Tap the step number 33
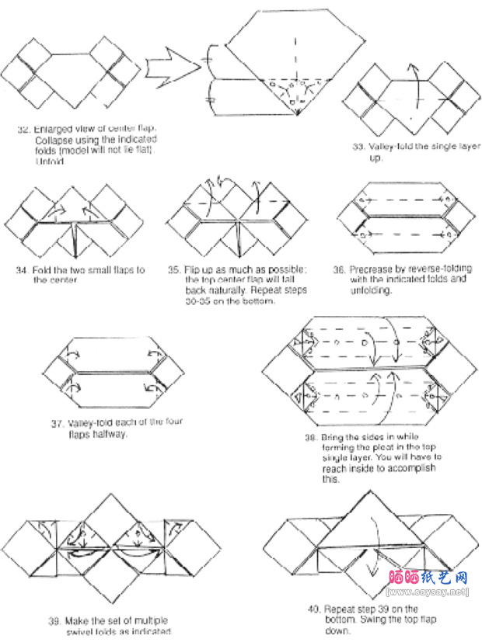pos(359,146)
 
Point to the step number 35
pos(173,270)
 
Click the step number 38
pos(310,438)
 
